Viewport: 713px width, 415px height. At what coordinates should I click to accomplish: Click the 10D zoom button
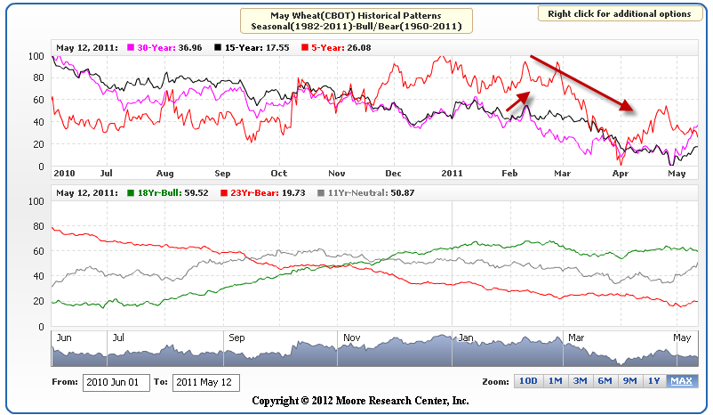click(x=528, y=381)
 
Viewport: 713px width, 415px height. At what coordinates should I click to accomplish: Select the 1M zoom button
click(x=555, y=381)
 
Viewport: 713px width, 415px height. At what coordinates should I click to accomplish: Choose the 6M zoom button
click(x=605, y=381)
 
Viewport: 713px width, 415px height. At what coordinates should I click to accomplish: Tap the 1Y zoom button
click(x=655, y=381)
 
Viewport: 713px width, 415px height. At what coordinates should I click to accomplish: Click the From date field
click(x=114, y=382)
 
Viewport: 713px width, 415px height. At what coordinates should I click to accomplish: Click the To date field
click(x=205, y=382)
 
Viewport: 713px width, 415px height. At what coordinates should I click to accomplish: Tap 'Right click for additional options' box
click(x=619, y=14)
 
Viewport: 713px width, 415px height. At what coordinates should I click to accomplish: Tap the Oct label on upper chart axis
click(x=279, y=173)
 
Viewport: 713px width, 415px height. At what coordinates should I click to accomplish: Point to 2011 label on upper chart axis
click(x=453, y=173)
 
